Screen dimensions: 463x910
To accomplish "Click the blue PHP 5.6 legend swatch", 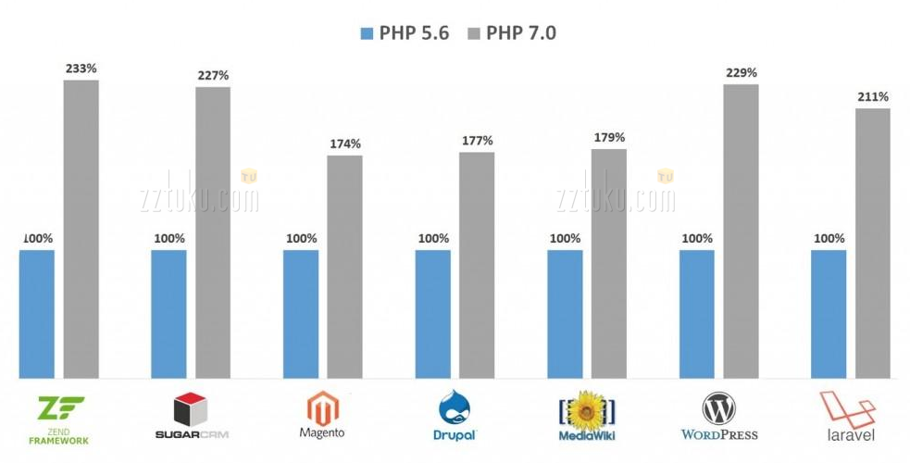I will [x=366, y=33].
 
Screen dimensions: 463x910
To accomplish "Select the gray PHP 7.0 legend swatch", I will [x=474, y=33].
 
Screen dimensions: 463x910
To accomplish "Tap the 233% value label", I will [x=81, y=68].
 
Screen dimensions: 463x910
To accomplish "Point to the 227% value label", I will [x=213, y=75].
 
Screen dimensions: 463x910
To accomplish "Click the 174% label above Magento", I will [x=345, y=144].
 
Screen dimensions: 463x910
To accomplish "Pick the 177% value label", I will [x=478, y=141].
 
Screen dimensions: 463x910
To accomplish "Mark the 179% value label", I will [x=609, y=138].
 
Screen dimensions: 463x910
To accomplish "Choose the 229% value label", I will [x=742, y=72].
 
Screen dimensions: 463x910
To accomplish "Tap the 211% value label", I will [x=873, y=96].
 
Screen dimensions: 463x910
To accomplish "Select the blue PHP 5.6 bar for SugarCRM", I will [x=168, y=314].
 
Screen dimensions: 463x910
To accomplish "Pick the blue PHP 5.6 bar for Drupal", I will [x=433, y=314].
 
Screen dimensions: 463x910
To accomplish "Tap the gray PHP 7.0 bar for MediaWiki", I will [x=609, y=264].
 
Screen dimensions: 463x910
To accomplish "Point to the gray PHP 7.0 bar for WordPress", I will [x=742, y=231].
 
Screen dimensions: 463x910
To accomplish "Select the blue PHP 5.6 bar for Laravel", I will [x=829, y=314].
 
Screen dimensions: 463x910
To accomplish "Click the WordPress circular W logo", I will [x=718, y=408].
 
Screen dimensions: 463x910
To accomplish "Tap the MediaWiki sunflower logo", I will [x=587, y=407].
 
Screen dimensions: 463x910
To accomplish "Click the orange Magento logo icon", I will [x=321, y=407].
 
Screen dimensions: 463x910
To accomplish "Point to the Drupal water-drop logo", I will [x=453, y=408].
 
